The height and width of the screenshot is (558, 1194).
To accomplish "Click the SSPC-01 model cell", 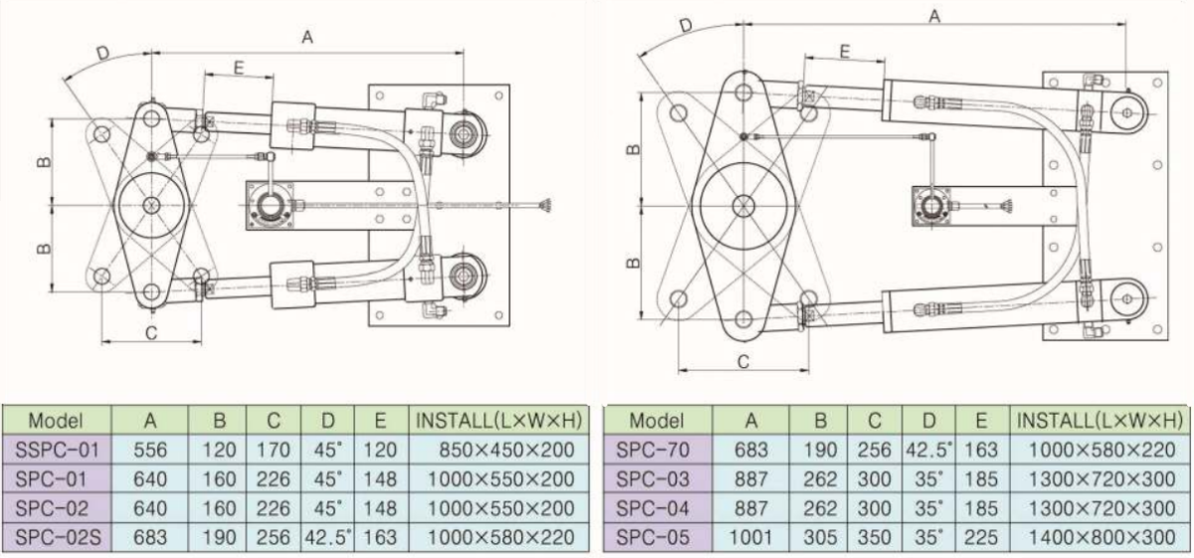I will [56, 451].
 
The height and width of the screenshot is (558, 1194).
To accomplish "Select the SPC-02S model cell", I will [56, 538].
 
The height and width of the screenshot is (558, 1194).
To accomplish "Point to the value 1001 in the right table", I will [752, 538].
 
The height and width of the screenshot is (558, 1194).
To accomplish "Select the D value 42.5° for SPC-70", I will [928, 451].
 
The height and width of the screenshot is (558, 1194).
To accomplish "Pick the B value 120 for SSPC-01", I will [219, 451].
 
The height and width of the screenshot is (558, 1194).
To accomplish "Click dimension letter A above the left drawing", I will [307, 37].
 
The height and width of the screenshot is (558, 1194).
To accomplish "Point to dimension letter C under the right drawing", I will [742, 362].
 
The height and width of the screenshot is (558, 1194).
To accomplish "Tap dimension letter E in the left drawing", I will [239, 67].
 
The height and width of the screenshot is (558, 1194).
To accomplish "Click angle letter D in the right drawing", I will [686, 25].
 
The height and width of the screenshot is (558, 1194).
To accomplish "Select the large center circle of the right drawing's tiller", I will [742, 205].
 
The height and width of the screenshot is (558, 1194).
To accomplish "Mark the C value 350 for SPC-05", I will [875, 538].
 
